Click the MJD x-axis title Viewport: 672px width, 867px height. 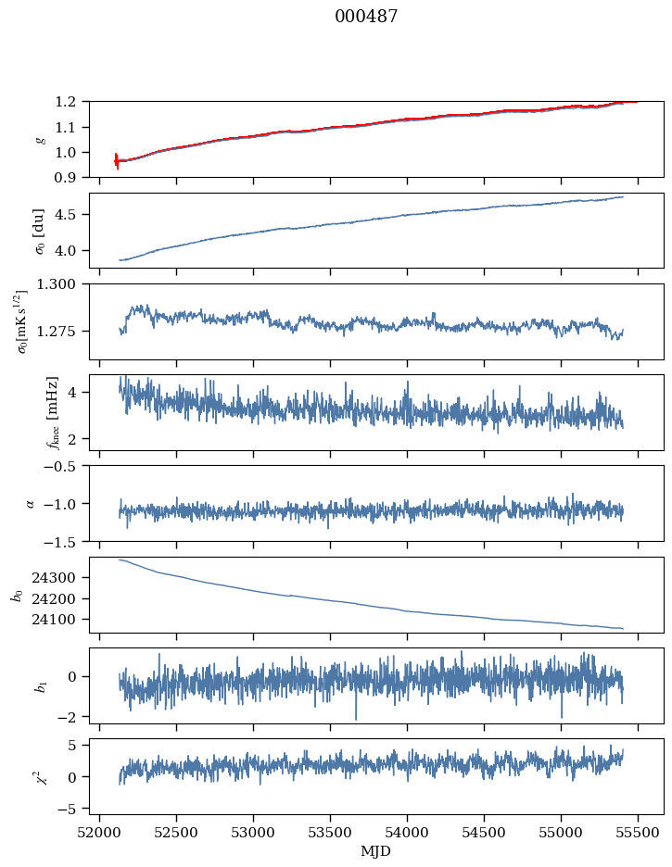pyautogui.click(x=376, y=850)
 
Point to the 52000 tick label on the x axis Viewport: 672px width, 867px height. pyautogui.click(x=100, y=832)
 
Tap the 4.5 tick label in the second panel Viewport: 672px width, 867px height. pyautogui.click(x=71, y=215)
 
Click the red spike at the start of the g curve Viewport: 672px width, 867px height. pyautogui.click(x=117, y=161)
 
